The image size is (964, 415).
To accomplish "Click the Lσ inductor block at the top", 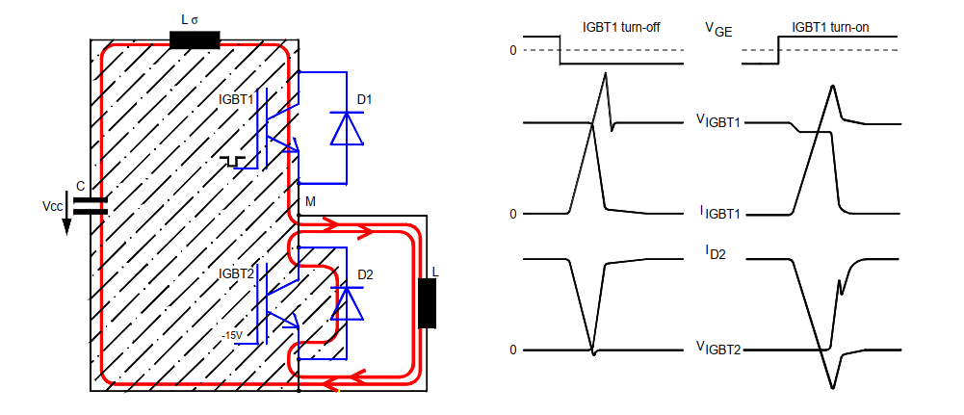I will [195, 39].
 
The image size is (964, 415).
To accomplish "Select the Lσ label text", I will [194, 18].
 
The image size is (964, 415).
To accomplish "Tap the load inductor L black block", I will [427, 304].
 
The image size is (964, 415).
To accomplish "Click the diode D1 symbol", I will [346, 127].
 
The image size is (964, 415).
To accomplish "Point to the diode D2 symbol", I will [347, 303].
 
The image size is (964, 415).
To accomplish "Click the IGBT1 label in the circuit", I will [236, 98].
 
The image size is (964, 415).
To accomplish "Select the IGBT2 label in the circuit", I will [236, 273].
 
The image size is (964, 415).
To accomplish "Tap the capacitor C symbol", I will [91, 203].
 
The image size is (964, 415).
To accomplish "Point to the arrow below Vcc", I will [67, 223].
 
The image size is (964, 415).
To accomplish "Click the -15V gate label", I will [231, 334].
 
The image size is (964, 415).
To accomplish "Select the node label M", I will [310, 200].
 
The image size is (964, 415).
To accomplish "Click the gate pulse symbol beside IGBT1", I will [231, 159].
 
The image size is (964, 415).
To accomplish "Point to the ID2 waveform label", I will [713, 253].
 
